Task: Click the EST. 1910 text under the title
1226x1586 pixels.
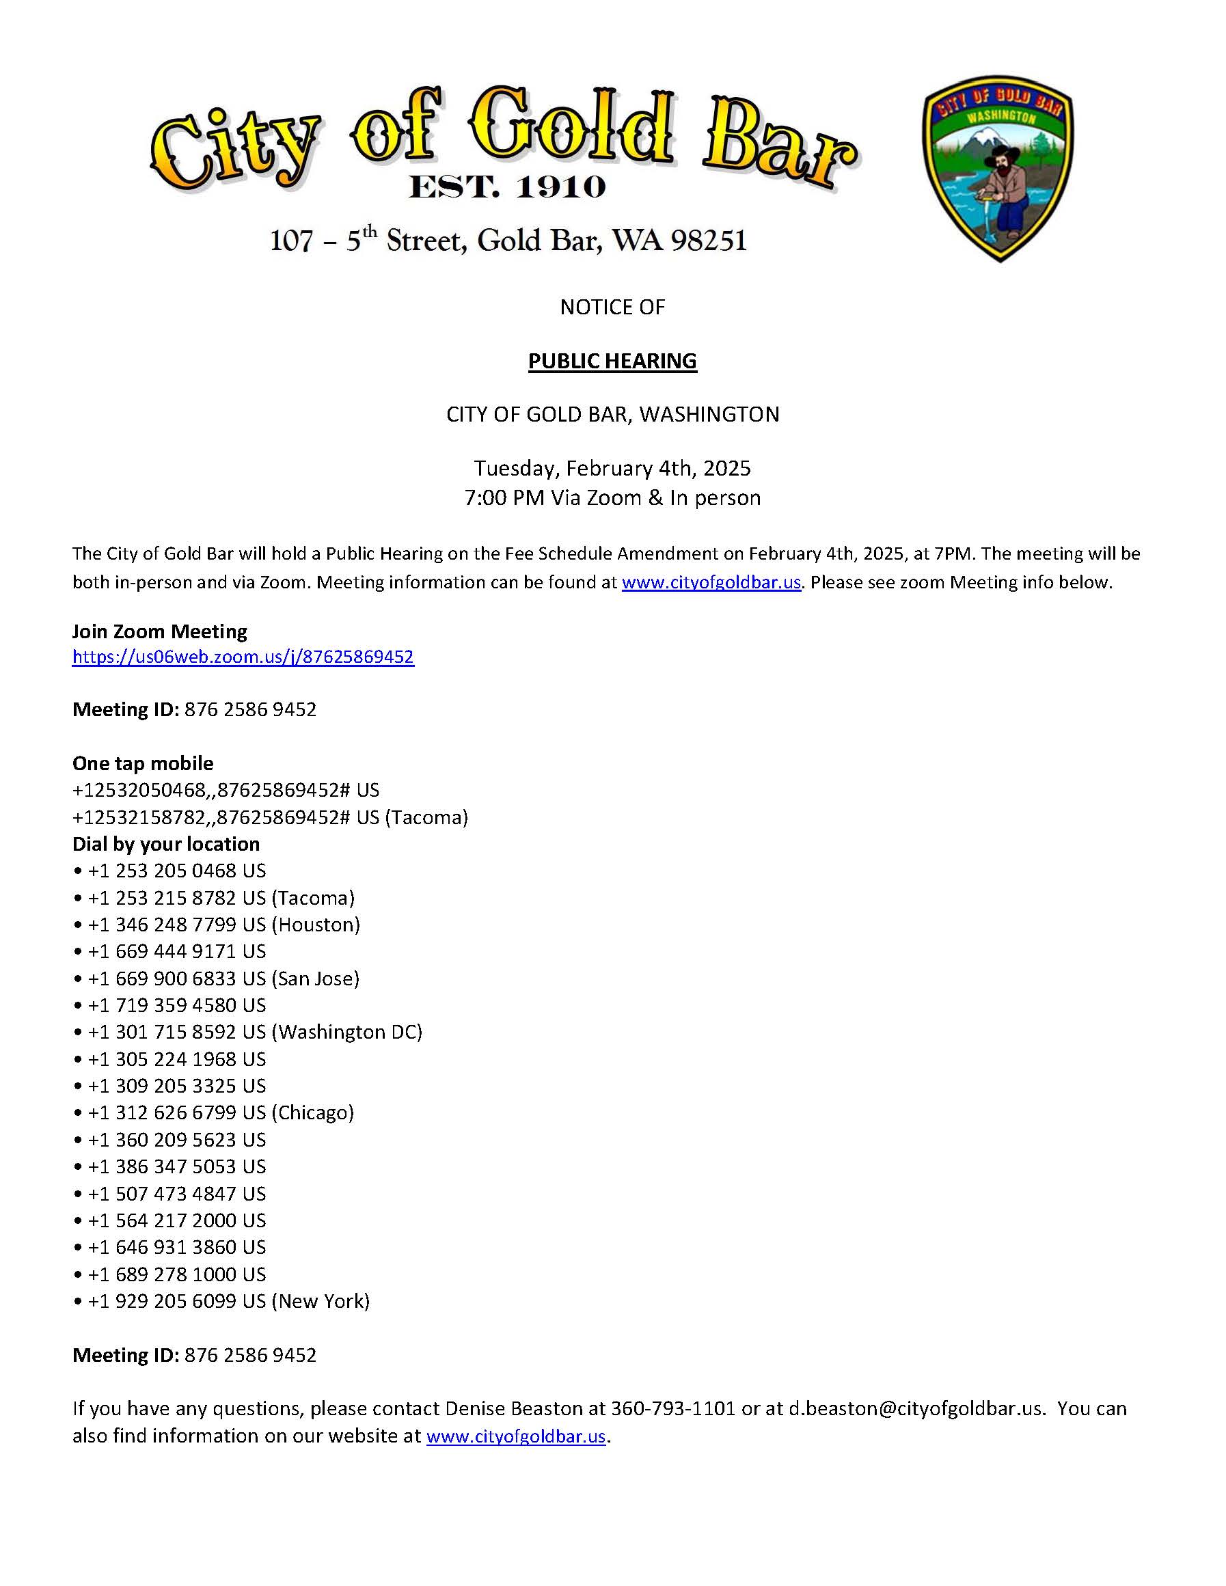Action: click(x=507, y=187)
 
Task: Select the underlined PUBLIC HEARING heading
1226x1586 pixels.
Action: click(x=612, y=361)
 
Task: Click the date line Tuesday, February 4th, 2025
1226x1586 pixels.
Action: click(x=612, y=467)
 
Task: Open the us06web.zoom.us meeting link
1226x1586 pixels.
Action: click(x=243, y=657)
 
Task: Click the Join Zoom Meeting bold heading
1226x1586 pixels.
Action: click(x=160, y=631)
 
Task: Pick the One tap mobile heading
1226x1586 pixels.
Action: click(x=143, y=763)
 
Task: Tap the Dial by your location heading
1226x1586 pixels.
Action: click(x=165, y=844)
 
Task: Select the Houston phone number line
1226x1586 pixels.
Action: click(x=223, y=925)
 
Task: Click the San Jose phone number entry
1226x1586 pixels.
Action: click(x=223, y=978)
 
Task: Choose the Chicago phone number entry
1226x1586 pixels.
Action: click(x=221, y=1112)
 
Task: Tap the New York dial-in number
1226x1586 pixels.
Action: click(x=228, y=1300)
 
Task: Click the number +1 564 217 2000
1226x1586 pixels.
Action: click(x=176, y=1220)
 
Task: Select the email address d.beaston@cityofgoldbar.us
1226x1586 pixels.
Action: click(x=916, y=1408)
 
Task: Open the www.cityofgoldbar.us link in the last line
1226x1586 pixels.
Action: click(x=516, y=1436)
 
